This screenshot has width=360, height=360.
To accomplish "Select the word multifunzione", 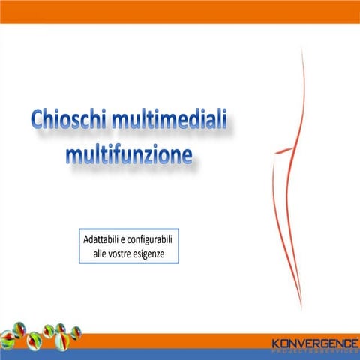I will (129, 155).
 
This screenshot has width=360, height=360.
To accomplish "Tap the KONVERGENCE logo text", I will (315, 343).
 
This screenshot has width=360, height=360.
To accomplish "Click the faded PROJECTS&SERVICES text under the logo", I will (315, 351).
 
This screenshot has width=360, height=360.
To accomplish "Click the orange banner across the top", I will (180, 11).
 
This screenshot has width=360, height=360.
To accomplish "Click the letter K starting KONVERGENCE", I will (277, 343).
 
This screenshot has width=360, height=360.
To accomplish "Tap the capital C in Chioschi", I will (39, 122).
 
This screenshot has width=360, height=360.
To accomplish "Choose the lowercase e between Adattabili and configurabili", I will (124, 243).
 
